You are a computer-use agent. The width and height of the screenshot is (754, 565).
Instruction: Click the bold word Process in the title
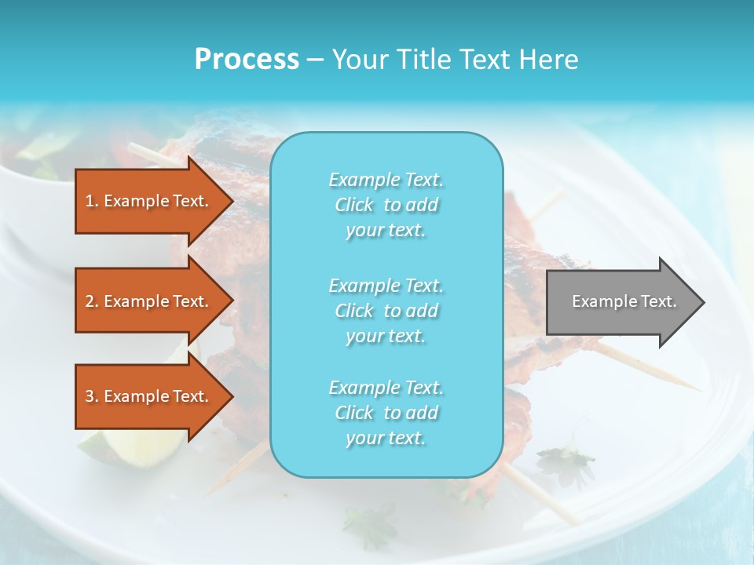tap(247, 59)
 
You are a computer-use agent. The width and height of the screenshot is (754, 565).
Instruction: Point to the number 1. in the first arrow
tap(91, 201)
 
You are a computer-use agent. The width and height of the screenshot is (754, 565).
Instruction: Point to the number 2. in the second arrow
tap(91, 301)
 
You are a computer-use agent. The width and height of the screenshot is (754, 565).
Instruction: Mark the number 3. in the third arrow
tap(91, 396)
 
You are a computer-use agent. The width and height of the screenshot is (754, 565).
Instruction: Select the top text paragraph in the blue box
tap(386, 205)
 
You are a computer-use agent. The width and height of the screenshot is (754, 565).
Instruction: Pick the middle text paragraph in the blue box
tap(386, 310)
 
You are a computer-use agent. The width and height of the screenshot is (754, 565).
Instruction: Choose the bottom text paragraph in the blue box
tap(386, 413)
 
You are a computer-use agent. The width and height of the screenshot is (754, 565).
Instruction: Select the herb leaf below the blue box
tap(377, 522)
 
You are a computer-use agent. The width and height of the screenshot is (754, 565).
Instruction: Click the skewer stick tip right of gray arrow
tap(694, 387)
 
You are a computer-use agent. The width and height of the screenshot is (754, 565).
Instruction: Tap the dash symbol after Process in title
tap(315, 60)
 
